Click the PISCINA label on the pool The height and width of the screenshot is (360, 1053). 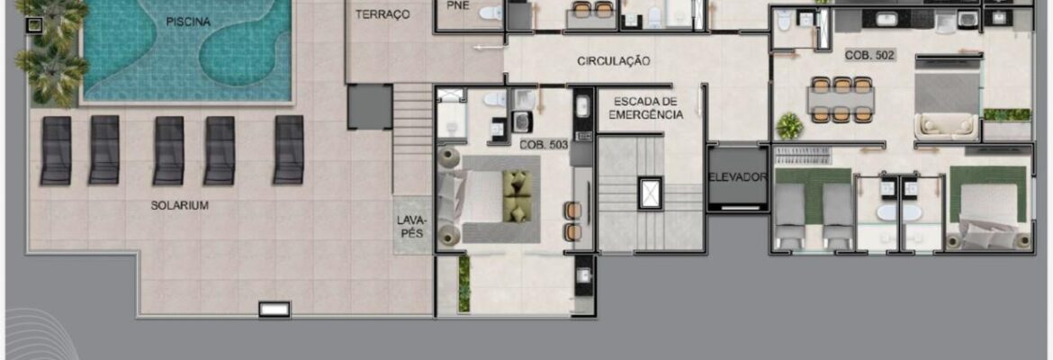[188, 22]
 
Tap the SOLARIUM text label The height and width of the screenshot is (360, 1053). [179, 205]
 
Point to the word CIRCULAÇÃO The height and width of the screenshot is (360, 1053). [613, 61]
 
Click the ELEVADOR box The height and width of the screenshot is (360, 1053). [737, 177]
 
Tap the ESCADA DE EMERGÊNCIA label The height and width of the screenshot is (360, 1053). [645, 107]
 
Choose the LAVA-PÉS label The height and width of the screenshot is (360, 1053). [411, 225]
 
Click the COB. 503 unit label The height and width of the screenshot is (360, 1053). [544, 144]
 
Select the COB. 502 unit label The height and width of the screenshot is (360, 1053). [869, 56]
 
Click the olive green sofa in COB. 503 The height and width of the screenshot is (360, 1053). [517, 194]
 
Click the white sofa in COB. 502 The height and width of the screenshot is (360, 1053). [947, 126]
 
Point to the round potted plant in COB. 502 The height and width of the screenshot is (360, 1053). [790, 126]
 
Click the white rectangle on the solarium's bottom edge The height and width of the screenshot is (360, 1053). [274, 309]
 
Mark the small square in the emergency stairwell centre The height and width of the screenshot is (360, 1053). [650, 193]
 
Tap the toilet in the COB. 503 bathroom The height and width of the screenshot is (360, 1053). [496, 100]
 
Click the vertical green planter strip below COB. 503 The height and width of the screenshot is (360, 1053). [464, 283]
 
